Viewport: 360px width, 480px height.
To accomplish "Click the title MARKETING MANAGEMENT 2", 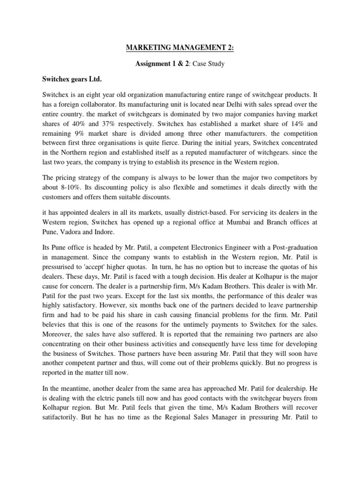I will point(180,47).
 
